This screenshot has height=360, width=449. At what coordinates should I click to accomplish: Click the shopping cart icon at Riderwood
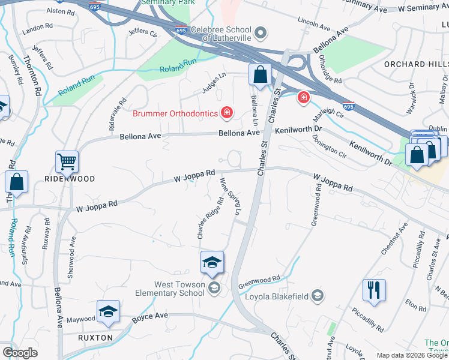point(67,161)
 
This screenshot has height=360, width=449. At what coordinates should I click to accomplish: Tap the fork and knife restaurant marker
point(374,290)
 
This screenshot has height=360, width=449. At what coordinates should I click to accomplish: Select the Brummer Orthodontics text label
point(175,112)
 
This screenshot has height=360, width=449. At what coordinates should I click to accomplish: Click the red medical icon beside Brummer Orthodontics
point(227,112)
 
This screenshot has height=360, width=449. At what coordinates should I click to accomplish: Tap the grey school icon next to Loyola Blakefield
point(318,295)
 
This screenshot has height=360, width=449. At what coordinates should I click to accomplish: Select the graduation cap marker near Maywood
point(108,311)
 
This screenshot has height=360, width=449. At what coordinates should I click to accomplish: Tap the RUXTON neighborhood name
point(95,338)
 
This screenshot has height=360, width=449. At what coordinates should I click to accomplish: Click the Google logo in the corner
point(20,352)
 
